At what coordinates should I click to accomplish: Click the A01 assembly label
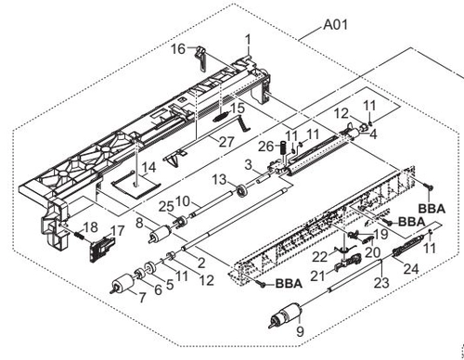click(335, 25)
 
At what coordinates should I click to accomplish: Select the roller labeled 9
click(285, 315)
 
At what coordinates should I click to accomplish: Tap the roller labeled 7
click(122, 284)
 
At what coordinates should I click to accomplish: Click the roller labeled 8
click(160, 234)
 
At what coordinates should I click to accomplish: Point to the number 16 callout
click(178, 49)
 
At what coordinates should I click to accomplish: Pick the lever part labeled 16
click(200, 58)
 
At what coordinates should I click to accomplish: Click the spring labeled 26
click(282, 150)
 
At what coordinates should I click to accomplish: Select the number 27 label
click(227, 142)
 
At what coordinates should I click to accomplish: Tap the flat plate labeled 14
click(136, 185)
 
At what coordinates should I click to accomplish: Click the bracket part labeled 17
click(101, 248)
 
